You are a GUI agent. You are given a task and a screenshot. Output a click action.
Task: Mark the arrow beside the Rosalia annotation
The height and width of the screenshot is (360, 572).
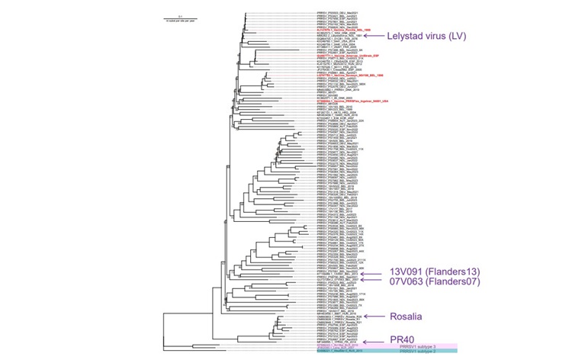pyautogui.click(x=374, y=316)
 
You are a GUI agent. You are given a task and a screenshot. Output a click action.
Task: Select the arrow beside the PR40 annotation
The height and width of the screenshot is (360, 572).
pyautogui.click(x=374, y=341)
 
